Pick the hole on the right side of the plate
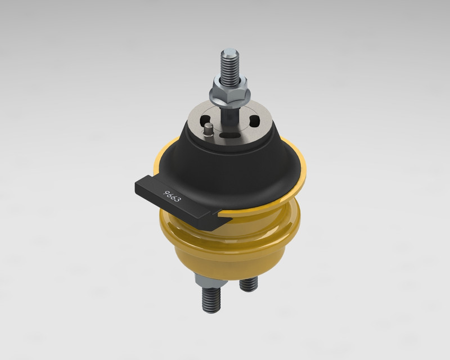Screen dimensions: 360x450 point(254,121)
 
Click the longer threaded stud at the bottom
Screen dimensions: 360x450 point(209,299)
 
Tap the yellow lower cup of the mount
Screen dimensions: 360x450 point(242,253)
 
